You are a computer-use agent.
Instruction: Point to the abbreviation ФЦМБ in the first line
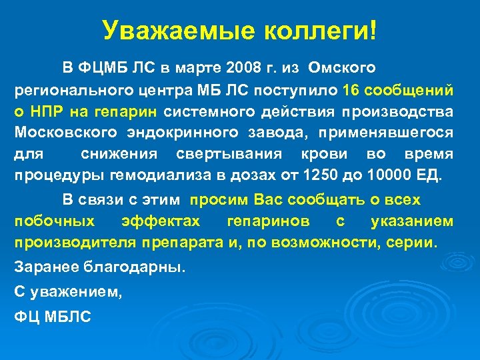[x=100, y=67]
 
